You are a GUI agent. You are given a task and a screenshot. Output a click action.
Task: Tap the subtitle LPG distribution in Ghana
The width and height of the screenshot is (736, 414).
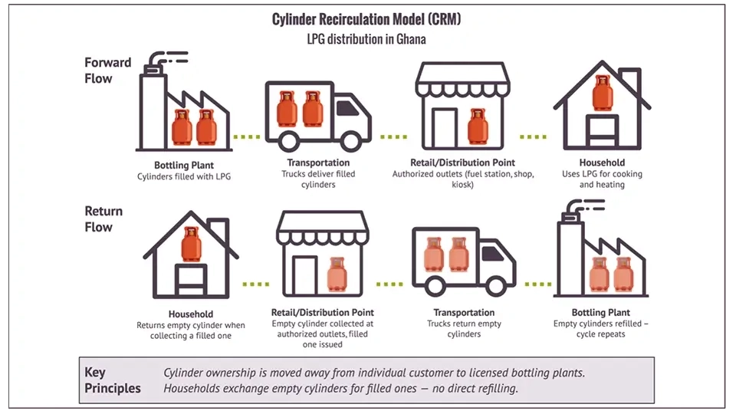(366, 39)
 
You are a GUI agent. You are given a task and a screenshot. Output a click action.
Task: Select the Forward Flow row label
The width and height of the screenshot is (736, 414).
(108, 70)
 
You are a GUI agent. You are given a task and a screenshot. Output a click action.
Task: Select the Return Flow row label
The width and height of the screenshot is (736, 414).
(103, 219)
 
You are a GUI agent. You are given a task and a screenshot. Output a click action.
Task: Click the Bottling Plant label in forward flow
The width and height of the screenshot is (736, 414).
(184, 165)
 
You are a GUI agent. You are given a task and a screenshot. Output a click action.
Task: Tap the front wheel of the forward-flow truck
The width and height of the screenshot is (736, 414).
(349, 140)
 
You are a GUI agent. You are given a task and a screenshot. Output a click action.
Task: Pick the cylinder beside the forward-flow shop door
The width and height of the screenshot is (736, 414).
(478, 127)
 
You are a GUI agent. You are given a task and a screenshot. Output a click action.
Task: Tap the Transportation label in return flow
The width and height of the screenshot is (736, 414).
(464, 313)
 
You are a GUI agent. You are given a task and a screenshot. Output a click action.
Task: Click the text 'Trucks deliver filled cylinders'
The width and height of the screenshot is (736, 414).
(318, 179)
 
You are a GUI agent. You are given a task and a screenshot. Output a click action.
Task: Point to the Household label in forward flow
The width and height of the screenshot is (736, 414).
(602, 163)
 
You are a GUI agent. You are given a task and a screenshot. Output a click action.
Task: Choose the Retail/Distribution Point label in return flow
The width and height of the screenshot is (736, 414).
(323, 313)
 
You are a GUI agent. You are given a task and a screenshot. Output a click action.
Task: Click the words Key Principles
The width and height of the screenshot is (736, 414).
(113, 380)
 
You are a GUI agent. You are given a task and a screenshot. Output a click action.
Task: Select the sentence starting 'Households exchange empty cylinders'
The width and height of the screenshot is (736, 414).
(341, 389)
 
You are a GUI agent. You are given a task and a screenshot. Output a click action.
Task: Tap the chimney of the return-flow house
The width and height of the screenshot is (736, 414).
(217, 228)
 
